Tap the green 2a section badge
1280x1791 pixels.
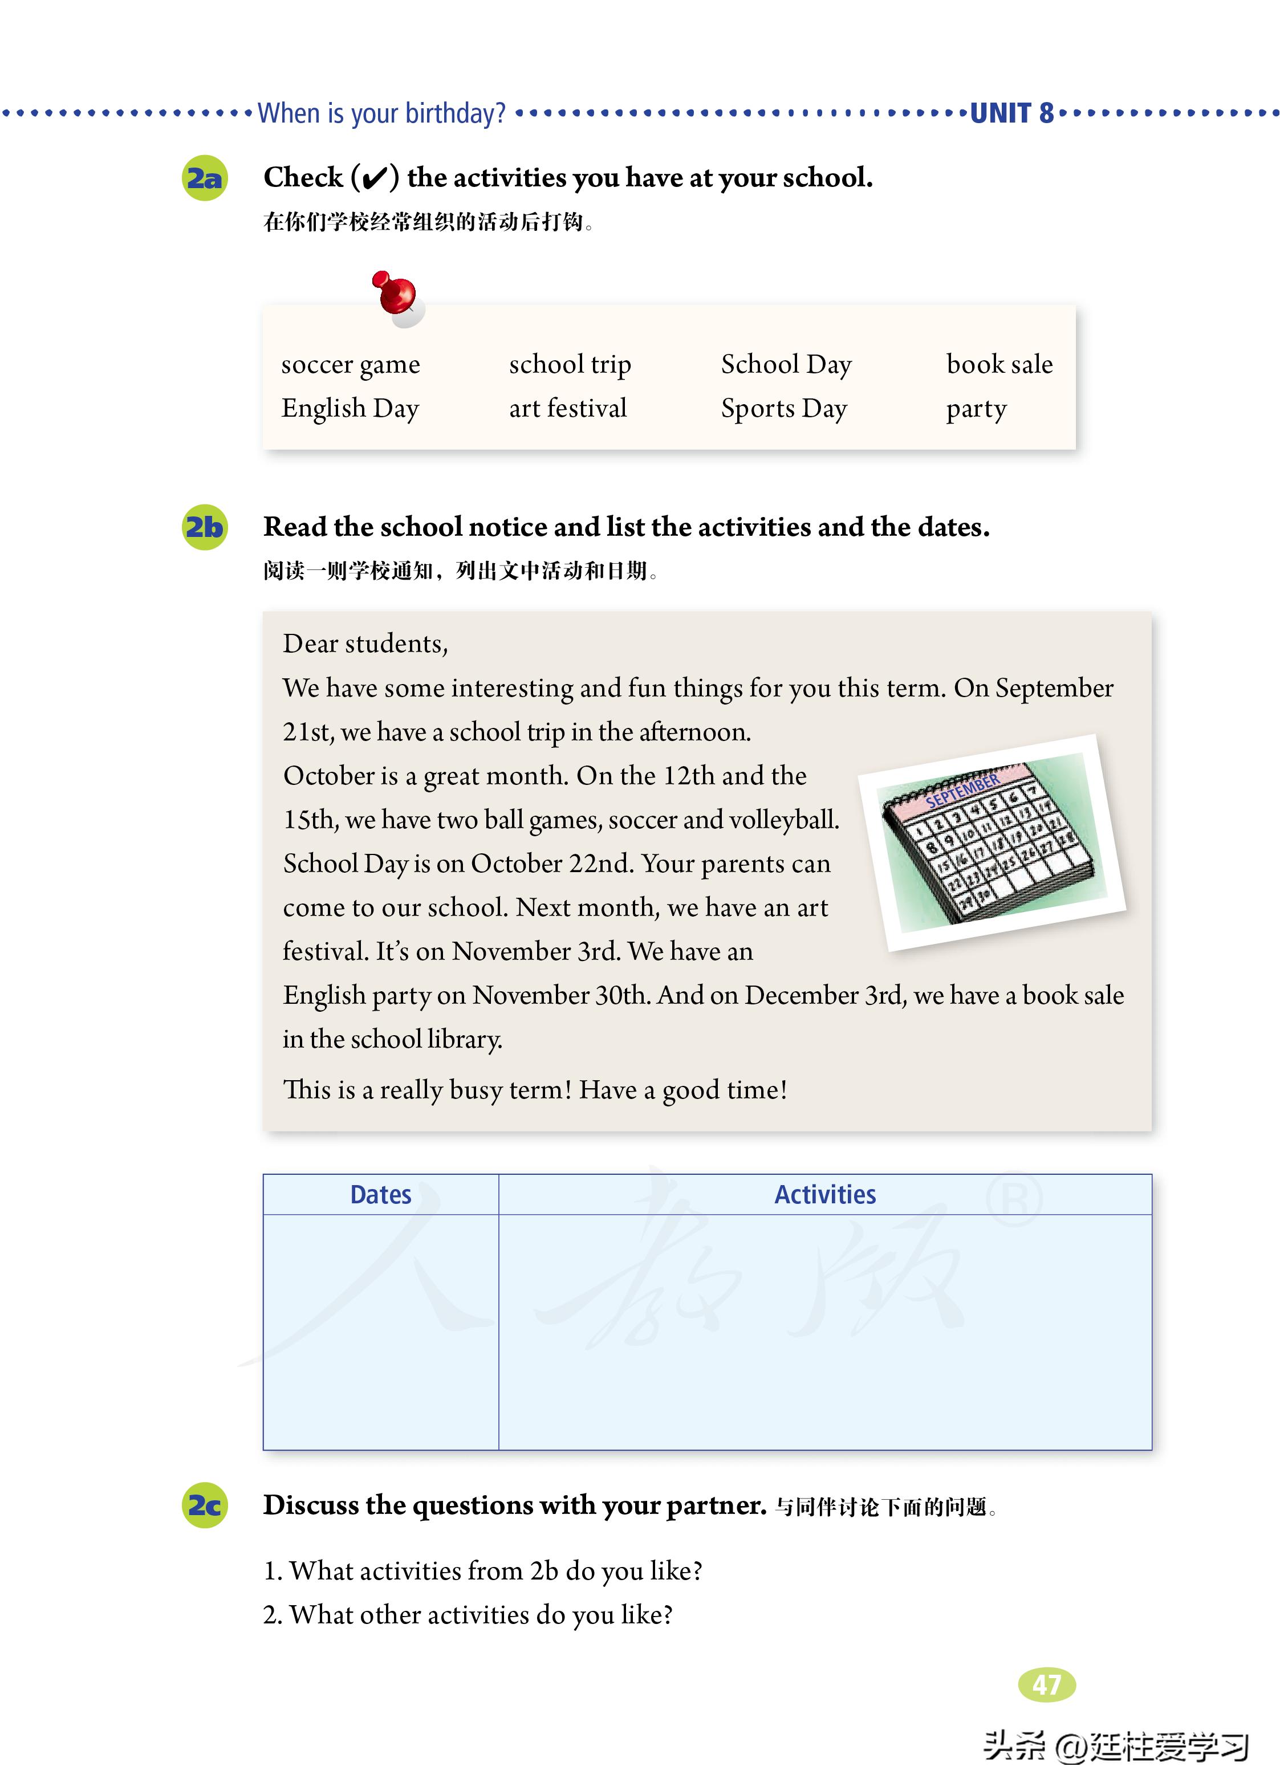click(x=205, y=178)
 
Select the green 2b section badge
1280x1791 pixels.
click(x=205, y=527)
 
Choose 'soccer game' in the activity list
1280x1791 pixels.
click(x=351, y=365)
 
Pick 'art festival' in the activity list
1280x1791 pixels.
click(x=567, y=408)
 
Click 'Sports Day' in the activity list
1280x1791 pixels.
click(x=783, y=408)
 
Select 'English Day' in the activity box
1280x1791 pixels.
click(x=350, y=408)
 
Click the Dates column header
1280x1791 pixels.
click(x=381, y=1195)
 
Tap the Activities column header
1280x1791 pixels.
click(x=824, y=1195)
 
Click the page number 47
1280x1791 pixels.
click(x=1047, y=1684)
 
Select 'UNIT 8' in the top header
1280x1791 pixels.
click(x=1011, y=113)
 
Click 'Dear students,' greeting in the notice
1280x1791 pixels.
click(x=365, y=644)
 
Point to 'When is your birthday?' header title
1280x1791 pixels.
click(x=381, y=113)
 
